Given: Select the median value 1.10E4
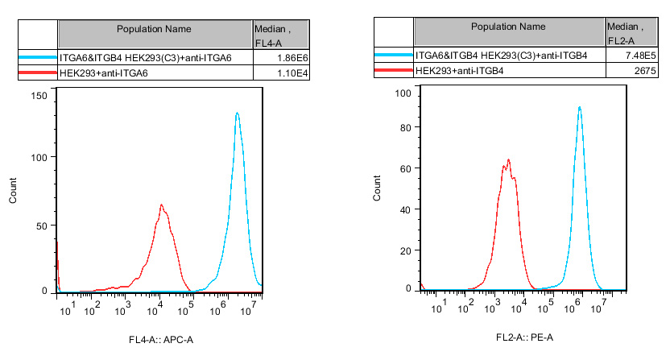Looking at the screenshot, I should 294,74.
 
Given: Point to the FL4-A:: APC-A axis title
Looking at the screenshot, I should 162,339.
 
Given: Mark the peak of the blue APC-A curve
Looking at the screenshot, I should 237,113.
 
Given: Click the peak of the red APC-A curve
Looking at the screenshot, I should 161,205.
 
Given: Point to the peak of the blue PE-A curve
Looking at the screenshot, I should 579,107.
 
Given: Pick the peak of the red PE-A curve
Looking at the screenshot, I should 508,159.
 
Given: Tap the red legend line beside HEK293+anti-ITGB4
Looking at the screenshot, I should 393,72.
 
